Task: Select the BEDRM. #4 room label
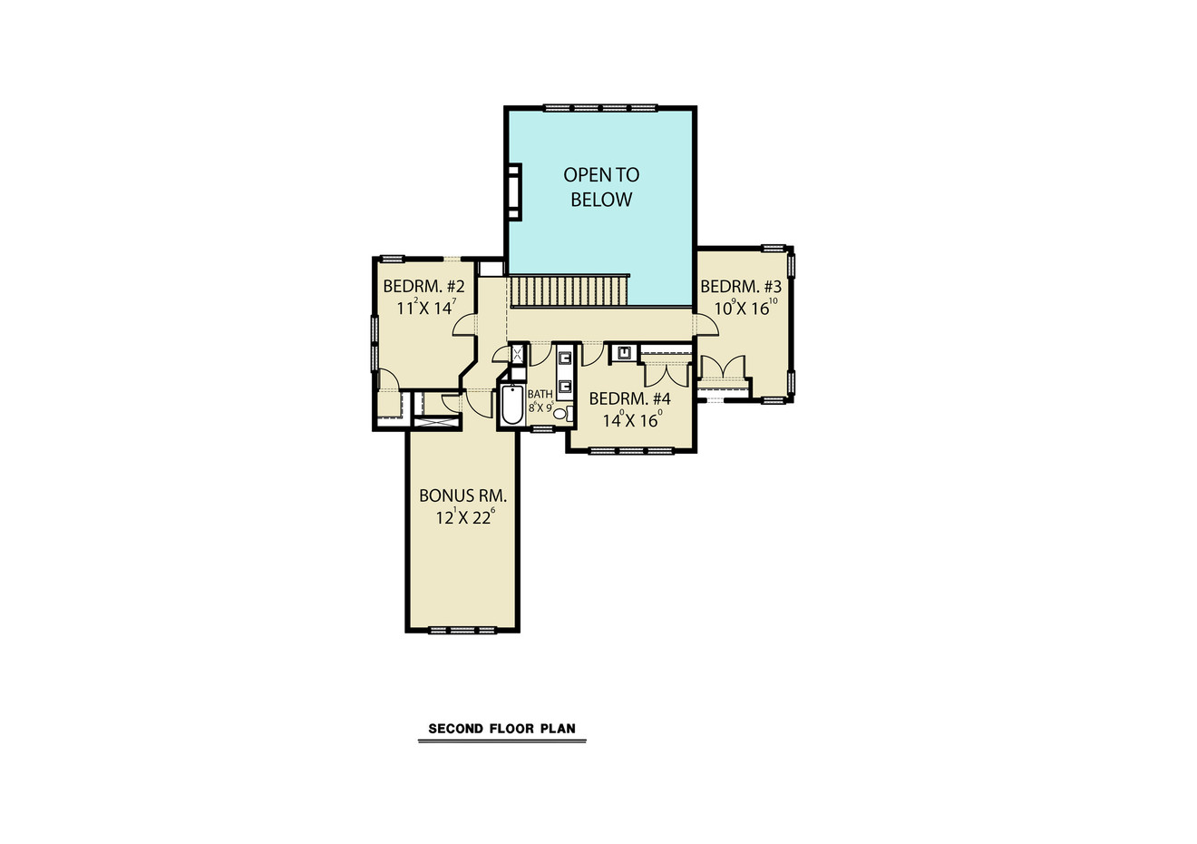tap(629, 399)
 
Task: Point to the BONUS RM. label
tap(462, 496)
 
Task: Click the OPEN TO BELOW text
tap(601, 187)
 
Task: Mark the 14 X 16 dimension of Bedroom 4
tap(632, 420)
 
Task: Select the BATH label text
tap(540, 395)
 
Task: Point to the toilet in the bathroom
tap(560, 415)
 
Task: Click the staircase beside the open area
tap(568, 291)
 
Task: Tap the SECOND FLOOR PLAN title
tap(501, 729)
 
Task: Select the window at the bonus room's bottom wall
tap(462, 629)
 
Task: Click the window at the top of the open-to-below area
tap(600, 108)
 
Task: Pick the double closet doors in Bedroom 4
tap(666, 374)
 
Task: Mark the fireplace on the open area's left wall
tap(514, 191)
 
